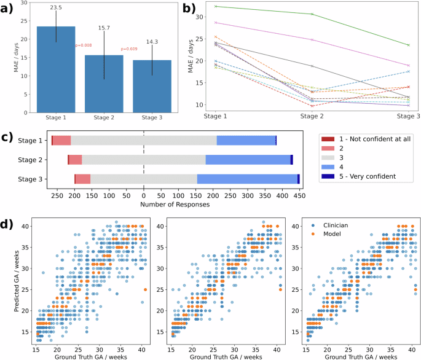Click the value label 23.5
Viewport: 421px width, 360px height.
[x=56, y=7]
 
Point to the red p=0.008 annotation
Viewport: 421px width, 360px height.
[x=83, y=45]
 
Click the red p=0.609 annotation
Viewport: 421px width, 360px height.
[x=129, y=49]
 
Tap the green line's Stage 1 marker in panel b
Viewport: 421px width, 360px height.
[x=216, y=6]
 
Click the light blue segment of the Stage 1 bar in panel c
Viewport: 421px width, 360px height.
[x=246, y=141]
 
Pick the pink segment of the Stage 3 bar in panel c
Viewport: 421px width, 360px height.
[x=83, y=179]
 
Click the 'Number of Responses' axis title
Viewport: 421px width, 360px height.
[x=175, y=203]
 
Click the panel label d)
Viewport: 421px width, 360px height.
[x=10, y=223]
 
